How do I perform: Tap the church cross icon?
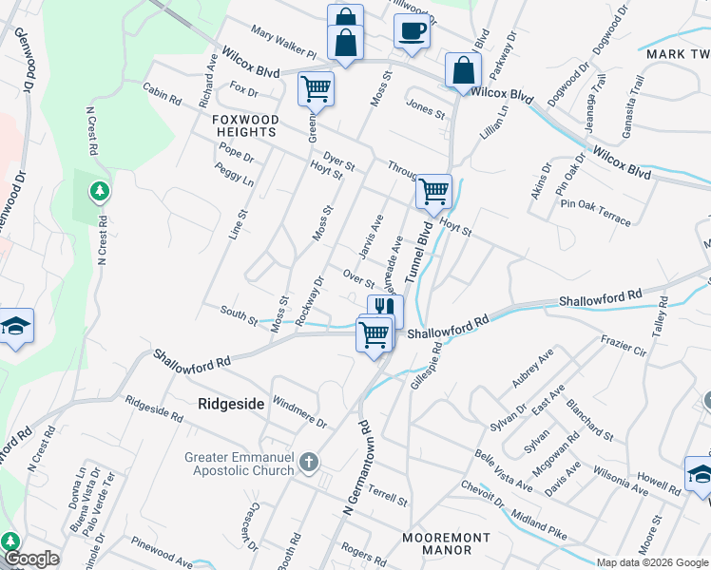(x=307, y=464)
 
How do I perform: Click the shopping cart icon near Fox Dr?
(x=316, y=89)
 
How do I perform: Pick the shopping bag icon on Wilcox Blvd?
(x=463, y=70)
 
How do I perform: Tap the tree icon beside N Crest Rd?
(x=98, y=193)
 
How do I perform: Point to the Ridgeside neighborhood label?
(x=230, y=404)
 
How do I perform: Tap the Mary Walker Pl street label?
(x=282, y=44)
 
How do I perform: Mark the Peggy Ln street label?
(x=235, y=174)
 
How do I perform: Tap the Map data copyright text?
(x=652, y=562)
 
